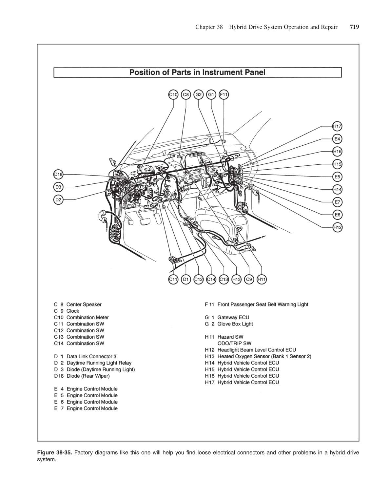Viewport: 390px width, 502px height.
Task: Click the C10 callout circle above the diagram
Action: (x=173, y=95)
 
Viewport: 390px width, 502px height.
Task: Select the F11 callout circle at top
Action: (x=224, y=95)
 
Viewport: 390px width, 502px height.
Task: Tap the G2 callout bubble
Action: (x=198, y=95)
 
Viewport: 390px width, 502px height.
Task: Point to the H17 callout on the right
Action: (x=337, y=126)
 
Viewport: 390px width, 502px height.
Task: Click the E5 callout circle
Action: (x=337, y=177)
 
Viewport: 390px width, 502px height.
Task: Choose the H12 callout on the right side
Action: (x=337, y=227)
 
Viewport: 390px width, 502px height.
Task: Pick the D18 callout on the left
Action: (x=58, y=174)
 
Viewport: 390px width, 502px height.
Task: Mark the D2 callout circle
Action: (x=58, y=199)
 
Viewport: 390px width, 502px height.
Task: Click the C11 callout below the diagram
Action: (x=173, y=280)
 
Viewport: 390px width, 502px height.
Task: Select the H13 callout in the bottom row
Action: (x=236, y=280)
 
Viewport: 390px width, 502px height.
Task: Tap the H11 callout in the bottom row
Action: (x=262, y=280)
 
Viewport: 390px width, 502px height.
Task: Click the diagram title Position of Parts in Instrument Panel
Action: (x=197, y=72)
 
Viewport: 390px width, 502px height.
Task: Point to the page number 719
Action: (x=354, y=27)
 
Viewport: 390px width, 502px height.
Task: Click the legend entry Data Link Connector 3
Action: (x=91, y=356)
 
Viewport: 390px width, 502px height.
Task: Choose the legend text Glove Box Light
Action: (x=235, y=324)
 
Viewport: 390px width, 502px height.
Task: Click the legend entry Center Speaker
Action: (x=84, y=304)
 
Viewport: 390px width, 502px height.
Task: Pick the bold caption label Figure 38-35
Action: (x=54, y=453)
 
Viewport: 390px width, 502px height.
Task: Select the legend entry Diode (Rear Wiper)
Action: (x=88, y=376)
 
